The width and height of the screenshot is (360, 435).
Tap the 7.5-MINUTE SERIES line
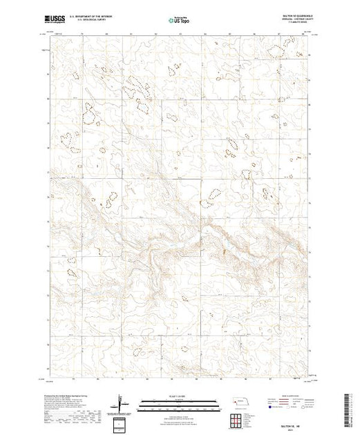point(294,23)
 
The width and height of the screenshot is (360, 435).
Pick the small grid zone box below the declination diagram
point(122,423)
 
